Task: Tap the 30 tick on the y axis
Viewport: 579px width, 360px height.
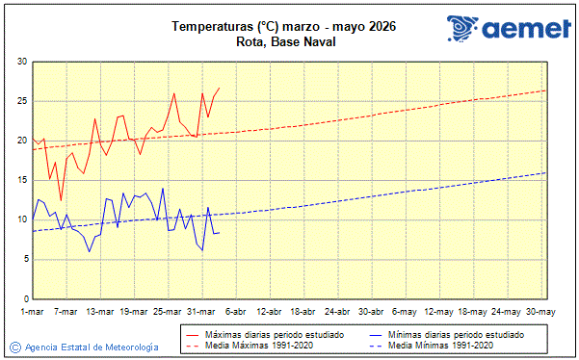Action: pyautogui.click(x=21, y=62)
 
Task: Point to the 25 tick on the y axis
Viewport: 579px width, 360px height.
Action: pyautogui.click(x=21, y=101)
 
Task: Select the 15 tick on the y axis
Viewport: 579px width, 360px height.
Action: pyautogui.click(x=21, y=180)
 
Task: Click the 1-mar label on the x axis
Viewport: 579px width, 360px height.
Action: pyautogui.click(x=32, y=311)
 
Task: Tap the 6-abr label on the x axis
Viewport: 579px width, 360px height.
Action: pyautogui.click(x=235, y=311)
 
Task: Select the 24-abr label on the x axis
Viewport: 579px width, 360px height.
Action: pyautogui.click(x=337, y=311)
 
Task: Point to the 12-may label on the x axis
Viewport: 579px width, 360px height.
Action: pyautogui.click(x=439, y=311)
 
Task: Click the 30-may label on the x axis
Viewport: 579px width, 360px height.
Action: pyautogui.click(x=540, y=311)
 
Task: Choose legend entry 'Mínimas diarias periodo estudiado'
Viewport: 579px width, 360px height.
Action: pyautogui.click(x=456, y=333)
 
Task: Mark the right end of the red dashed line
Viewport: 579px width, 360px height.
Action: pyautogui.click(x=546, y=90)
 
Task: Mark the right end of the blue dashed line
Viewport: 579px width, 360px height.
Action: pyautogui.click(x=546, y=172)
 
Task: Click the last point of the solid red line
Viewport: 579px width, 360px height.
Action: pyautogui.click(x=220, y=88)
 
